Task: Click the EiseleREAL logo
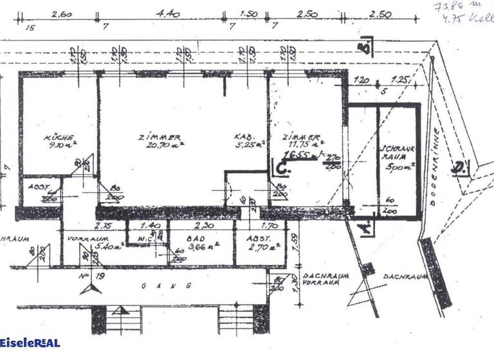tap(30, 343)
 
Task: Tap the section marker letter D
tap(458, 169)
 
